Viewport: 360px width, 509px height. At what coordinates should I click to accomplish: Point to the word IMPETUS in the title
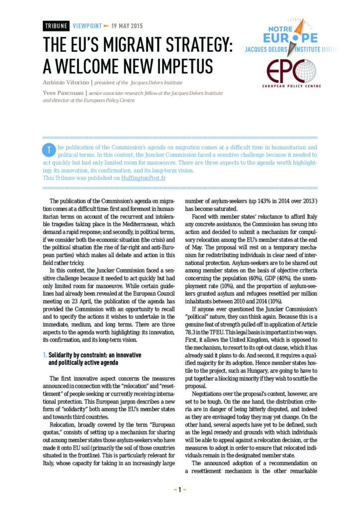tap(178, 65)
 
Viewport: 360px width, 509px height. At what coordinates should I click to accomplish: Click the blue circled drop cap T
tap(48, 150)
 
